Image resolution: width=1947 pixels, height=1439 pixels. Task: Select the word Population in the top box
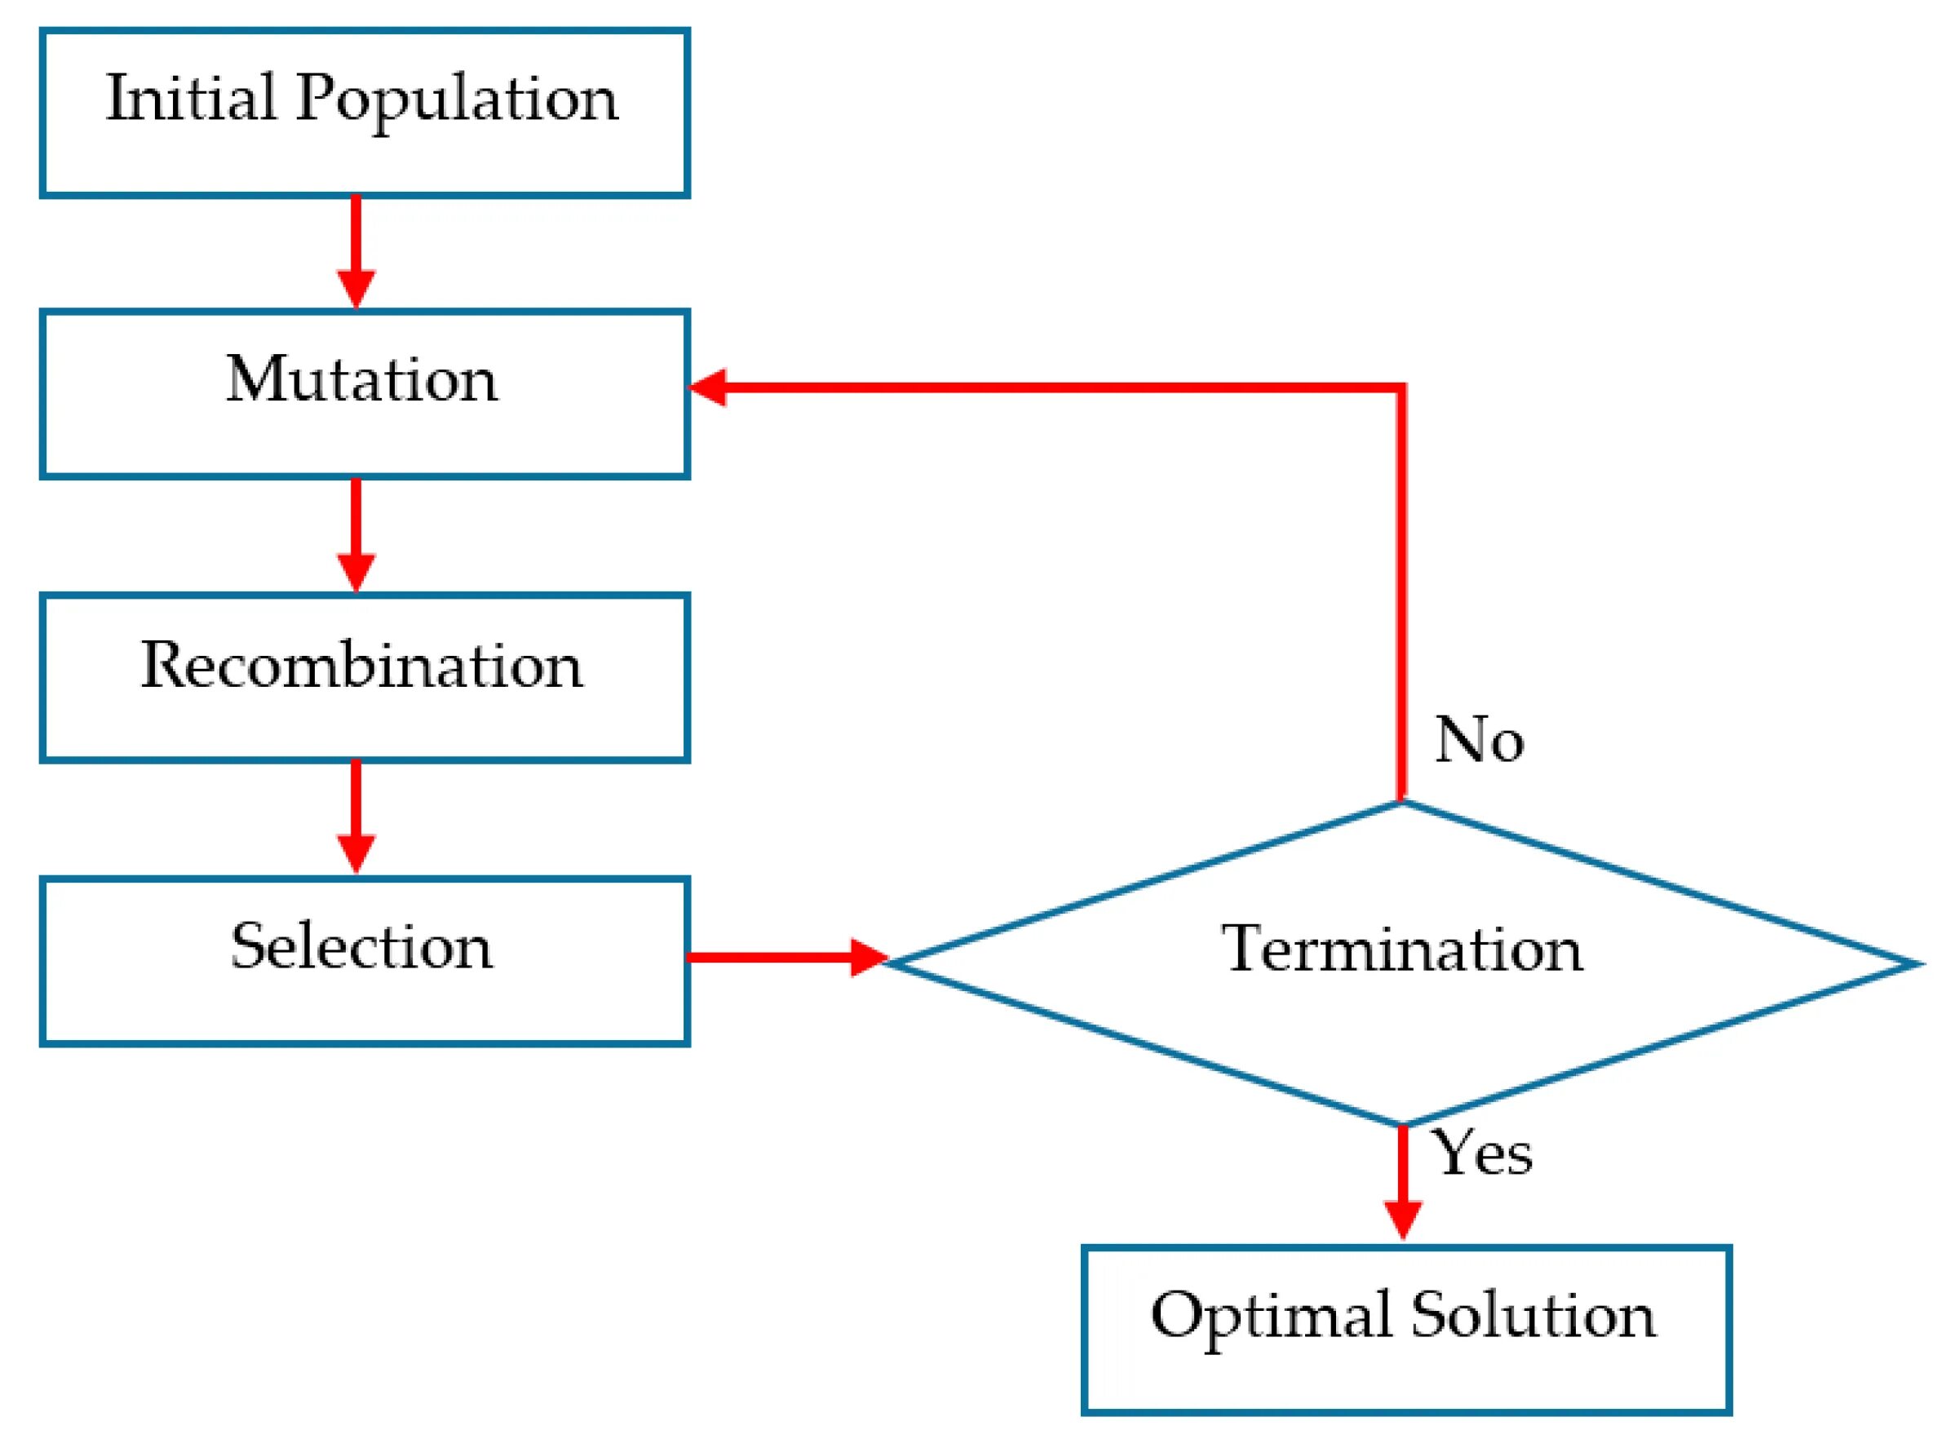click(x=457, y=101)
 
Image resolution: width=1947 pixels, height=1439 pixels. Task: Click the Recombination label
click(x=362, y=665)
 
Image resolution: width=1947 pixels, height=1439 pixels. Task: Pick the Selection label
click(x=362, y=946)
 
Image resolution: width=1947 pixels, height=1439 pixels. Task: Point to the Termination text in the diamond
click(x=1401, y=949)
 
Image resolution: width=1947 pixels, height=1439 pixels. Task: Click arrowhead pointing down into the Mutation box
click(x=356, y=290)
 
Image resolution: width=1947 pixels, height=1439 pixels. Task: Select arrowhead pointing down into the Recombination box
click(x=356, y=573)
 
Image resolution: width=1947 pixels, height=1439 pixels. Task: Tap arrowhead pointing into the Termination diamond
click(x=868, y=959)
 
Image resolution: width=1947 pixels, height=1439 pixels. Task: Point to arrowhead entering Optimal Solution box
click(x=1403, y=1220)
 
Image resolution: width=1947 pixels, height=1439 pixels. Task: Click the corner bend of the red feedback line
click(x=1401, y=387)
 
